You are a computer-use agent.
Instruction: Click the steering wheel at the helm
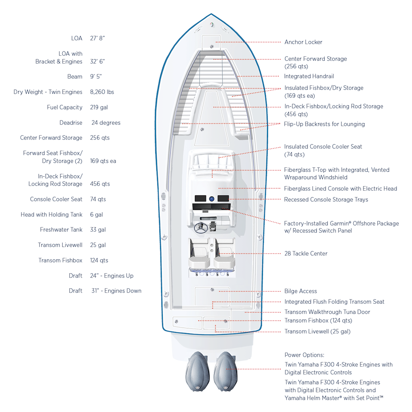tap(201, 227)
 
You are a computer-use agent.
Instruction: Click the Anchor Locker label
tap(303, 42)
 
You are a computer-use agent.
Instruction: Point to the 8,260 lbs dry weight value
tap(102, 92)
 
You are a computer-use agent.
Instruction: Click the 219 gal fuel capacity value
tap(99, 107)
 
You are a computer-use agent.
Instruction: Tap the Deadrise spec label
tap(71, 123)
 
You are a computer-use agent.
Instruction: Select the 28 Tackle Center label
tap(306, 253)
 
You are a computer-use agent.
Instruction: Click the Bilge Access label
tap(301, 291)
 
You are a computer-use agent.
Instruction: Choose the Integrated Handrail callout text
tap(309, 76)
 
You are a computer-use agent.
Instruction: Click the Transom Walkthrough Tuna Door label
tap(327, 312)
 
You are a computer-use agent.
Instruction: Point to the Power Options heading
tap(304, 355)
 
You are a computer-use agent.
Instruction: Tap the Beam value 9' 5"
tap(96, 77)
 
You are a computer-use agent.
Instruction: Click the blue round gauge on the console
tap(211, 198)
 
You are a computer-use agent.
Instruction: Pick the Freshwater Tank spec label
tap(61, 230)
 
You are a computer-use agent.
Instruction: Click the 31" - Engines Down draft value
tap(116, 291)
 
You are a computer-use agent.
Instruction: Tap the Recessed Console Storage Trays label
tap(326, 200)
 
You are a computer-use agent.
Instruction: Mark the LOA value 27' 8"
tap(97, 38)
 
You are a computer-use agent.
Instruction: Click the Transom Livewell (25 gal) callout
tap(317, 331)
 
